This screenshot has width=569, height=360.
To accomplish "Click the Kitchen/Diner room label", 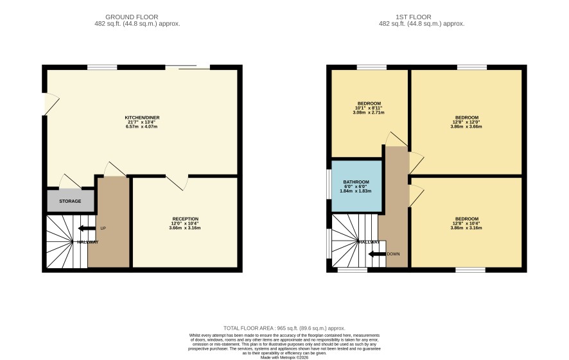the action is [142, 117].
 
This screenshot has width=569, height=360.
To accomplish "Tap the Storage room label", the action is [70, 201].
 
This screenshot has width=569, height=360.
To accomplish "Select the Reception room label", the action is [185, 219].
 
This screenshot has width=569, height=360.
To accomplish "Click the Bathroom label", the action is [356, 182].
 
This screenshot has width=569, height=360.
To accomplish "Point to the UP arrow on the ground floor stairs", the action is [87, 228].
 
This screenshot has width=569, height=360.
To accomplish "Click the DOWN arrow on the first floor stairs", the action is [377, 253].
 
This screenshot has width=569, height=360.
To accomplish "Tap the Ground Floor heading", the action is [132, 17].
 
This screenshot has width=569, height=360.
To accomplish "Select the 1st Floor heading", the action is [414, 17].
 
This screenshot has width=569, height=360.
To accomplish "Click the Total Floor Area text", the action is [284, 328].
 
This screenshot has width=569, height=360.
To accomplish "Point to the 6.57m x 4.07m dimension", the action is [141, 126].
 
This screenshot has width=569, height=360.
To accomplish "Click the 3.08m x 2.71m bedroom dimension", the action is [369, 112].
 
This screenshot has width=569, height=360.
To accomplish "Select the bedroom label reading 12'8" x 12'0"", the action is [467, 122].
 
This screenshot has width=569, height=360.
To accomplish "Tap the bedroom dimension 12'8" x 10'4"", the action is [467, 224].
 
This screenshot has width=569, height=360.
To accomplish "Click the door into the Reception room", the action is [177, 182].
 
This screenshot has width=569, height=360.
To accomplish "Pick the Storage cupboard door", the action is [71, 182].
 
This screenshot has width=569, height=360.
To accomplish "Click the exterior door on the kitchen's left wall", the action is [51, 104].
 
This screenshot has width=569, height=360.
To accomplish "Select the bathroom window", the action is [329, 184].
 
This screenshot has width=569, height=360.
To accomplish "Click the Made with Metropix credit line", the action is [284, 357].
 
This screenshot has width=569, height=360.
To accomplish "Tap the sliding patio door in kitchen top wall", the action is [188, 67].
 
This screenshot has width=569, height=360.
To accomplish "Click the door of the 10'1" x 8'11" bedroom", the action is [397, 139].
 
